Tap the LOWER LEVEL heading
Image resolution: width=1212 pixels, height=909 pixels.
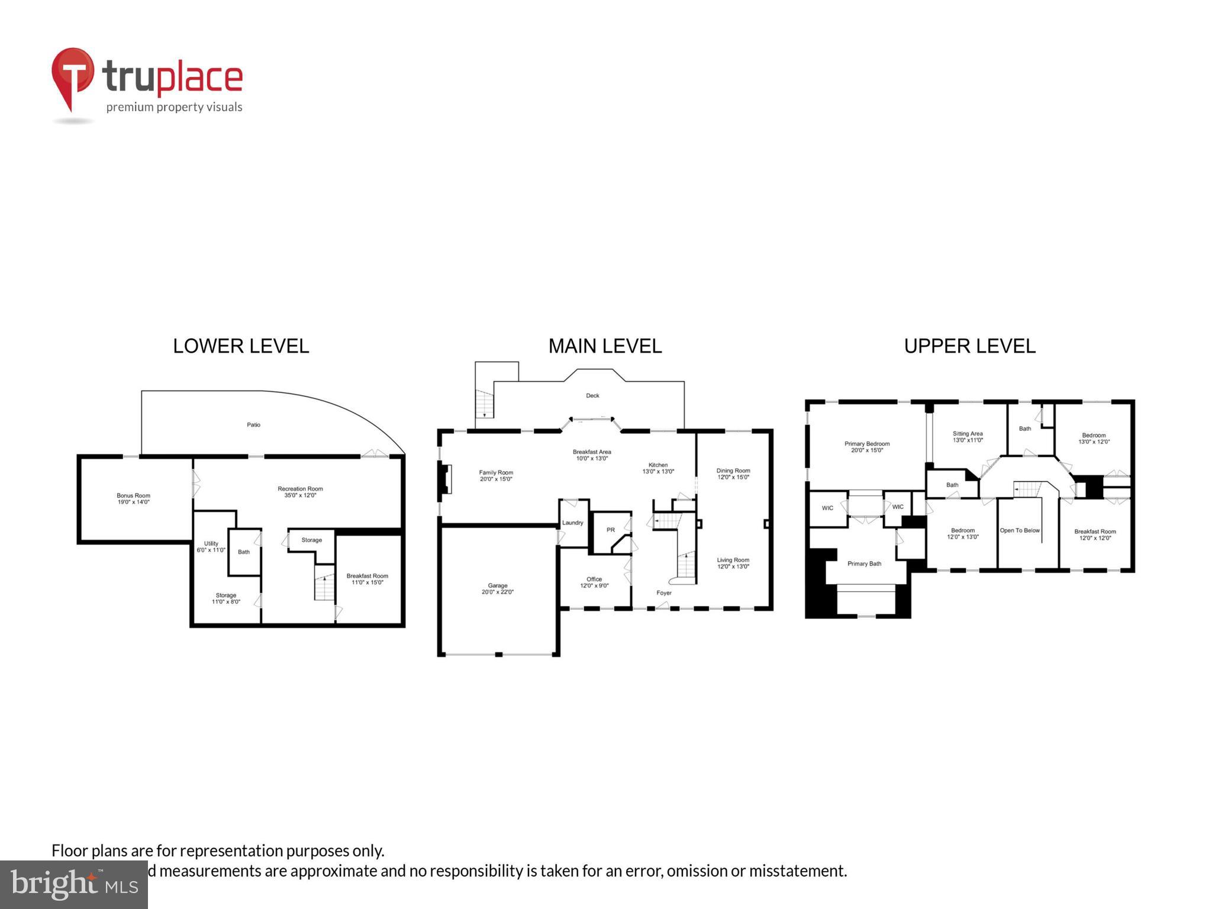click(241, 346)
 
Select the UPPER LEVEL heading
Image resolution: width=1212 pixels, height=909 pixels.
click(969, 346)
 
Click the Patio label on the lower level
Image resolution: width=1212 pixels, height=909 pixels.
click(253, 425)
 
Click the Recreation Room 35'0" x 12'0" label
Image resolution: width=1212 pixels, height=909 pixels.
click(300, 492)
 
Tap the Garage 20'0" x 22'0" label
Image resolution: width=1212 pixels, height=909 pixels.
click(497, 589)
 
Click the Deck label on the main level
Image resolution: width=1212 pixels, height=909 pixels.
click(592, 396)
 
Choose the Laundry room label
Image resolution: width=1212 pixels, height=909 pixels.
click(572, 523)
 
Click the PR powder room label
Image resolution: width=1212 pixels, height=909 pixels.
click(610, 530)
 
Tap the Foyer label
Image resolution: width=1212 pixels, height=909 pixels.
click(663, 593)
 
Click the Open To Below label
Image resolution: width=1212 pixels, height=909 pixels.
click(1019, 531)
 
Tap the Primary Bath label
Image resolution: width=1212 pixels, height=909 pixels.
click(864, 564)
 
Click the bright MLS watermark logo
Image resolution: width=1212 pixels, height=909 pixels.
click(74, 884)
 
